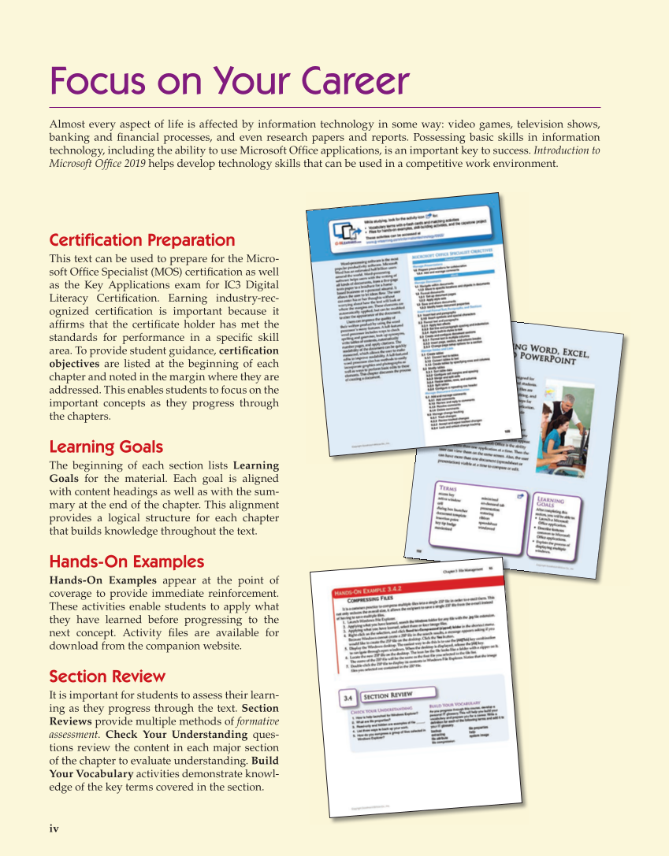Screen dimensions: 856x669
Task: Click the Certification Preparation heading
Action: pos(142,239)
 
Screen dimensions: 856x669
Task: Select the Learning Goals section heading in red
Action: pos(106,447)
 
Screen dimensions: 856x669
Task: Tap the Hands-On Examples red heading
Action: pos(126,561)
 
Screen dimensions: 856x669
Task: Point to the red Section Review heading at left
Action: pos(107,676)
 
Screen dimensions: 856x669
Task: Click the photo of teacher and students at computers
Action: pos(562,428)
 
